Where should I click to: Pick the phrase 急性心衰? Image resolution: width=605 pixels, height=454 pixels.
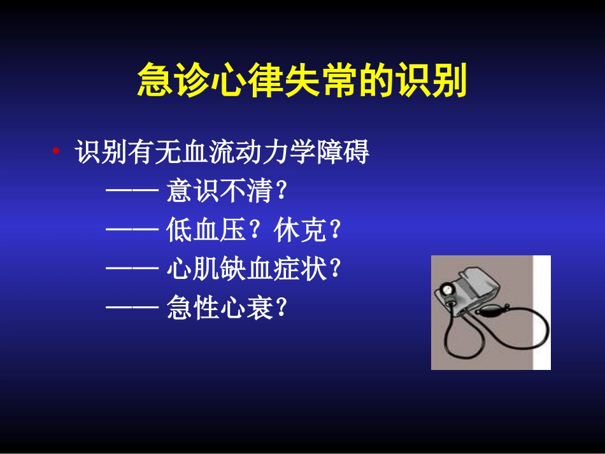219,309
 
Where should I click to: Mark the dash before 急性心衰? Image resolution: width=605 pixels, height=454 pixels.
132,309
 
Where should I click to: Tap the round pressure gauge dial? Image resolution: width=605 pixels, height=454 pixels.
449,289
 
